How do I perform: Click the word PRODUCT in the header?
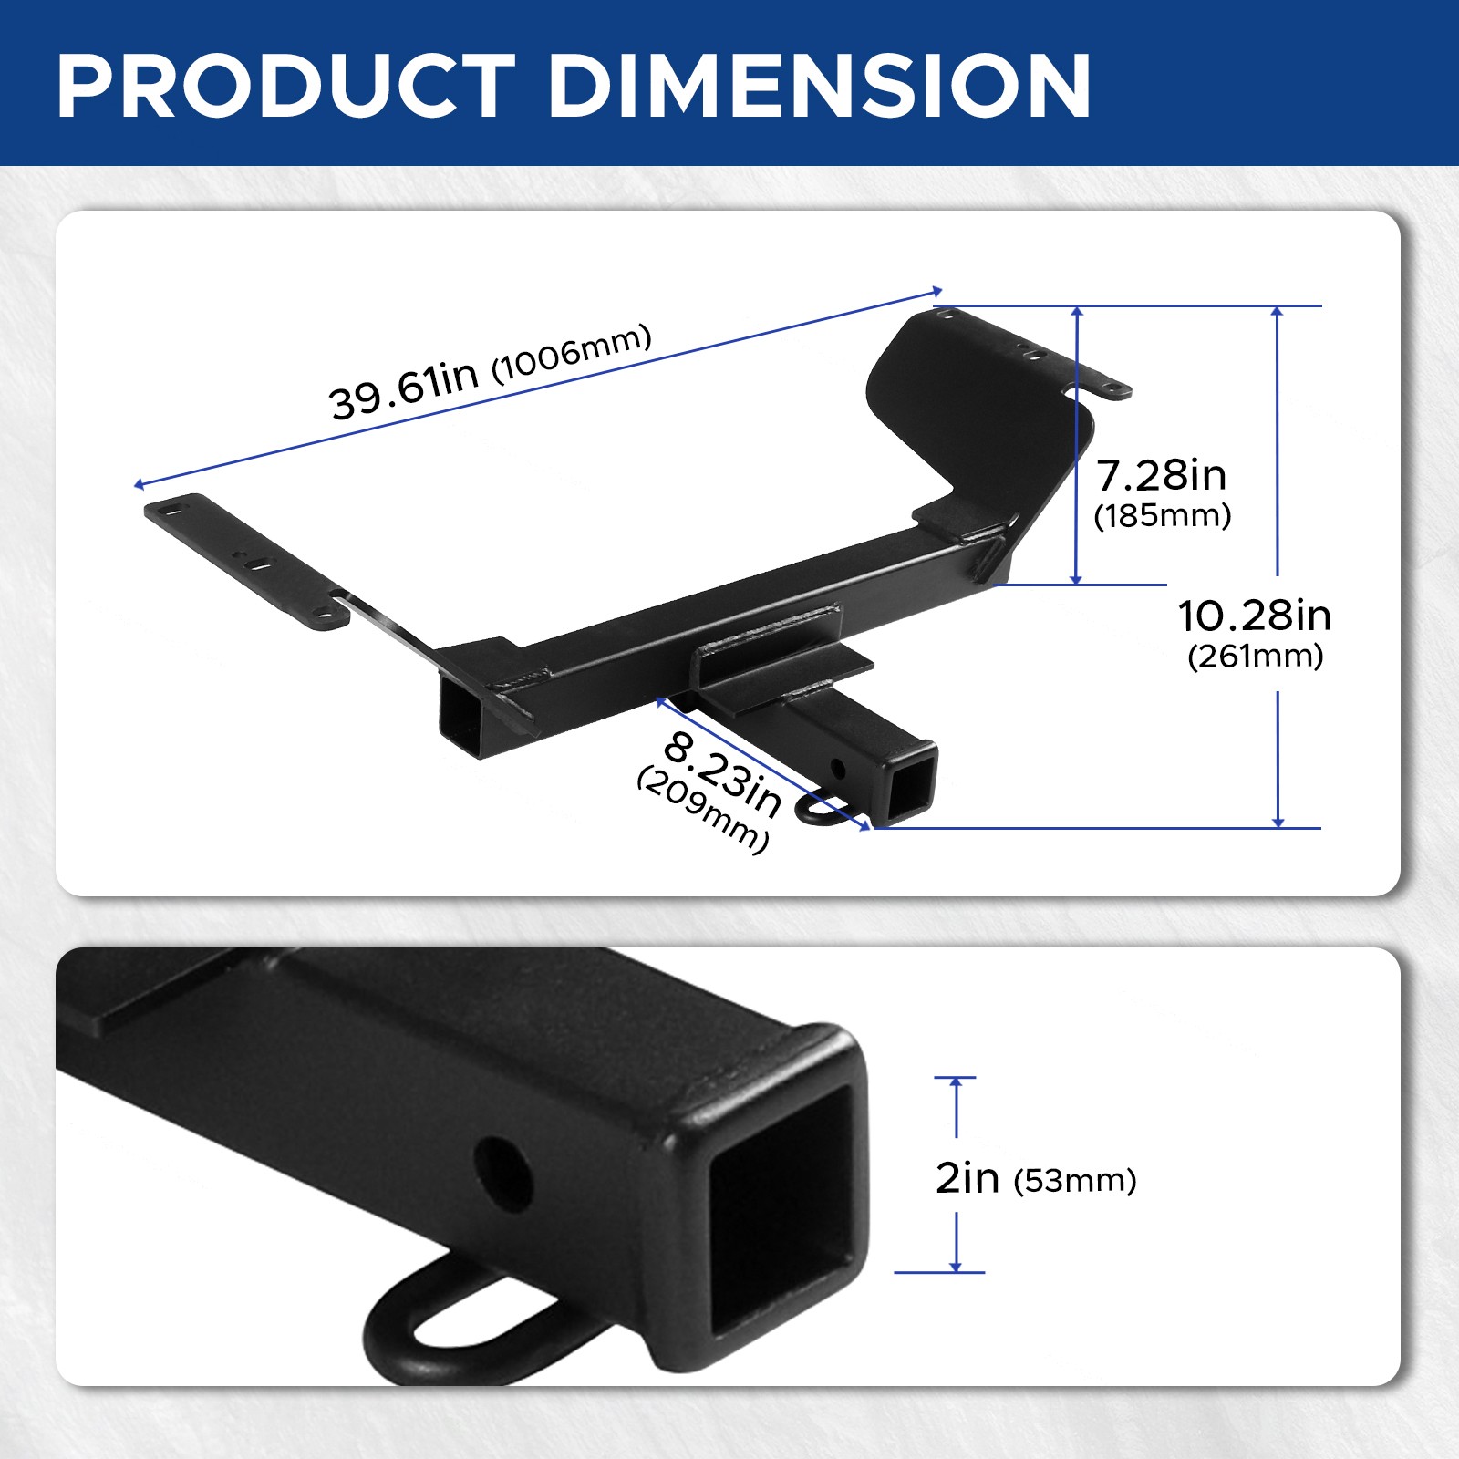286,87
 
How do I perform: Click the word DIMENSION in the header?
819,87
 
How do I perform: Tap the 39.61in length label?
404,388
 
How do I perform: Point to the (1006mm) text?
573,352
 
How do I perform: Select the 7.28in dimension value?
1161,476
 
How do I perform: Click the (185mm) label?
1163,516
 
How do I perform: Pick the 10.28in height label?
1255,616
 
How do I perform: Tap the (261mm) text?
1256,657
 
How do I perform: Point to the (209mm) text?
703,810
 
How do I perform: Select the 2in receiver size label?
967,1178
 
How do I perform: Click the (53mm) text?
1075,1181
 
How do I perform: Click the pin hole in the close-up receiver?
502,1173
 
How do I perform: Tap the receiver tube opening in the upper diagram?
911,785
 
